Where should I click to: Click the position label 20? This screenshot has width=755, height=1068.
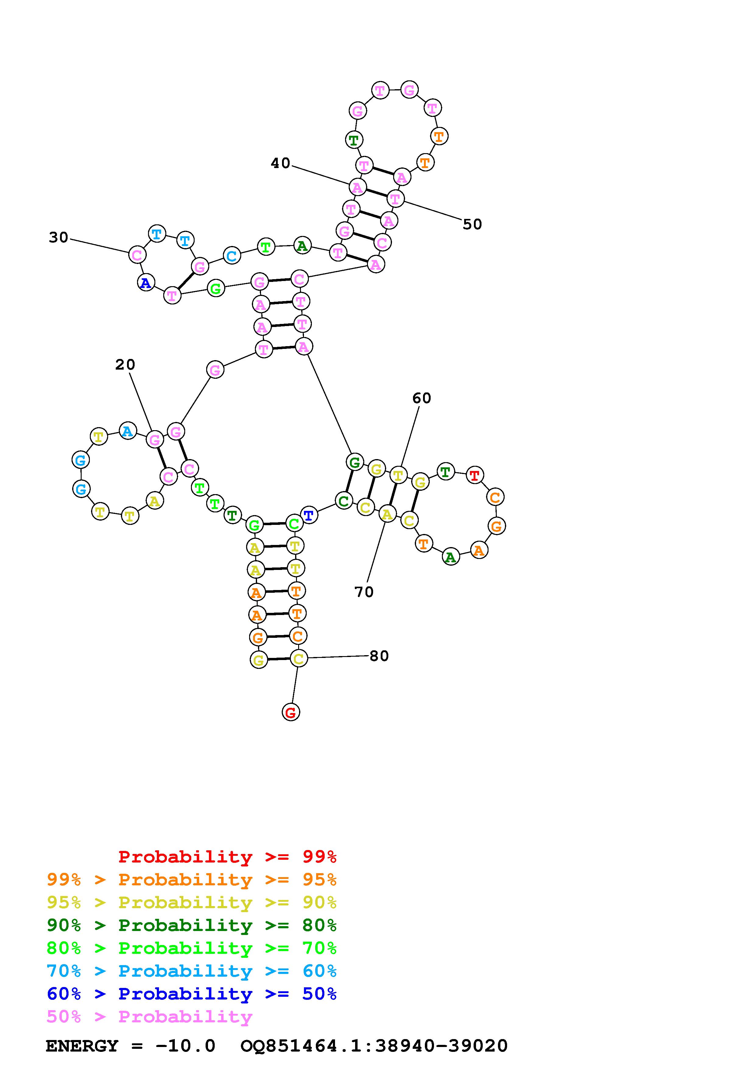tap(125, 365)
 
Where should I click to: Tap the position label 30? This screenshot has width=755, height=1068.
tap(58, 238)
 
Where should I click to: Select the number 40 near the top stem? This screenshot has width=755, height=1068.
tap(280, 163)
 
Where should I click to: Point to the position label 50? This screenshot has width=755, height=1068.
tap(472, 224)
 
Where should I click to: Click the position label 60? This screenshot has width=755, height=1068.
tap(422, 398)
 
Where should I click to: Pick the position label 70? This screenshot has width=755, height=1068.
tap(364, 592)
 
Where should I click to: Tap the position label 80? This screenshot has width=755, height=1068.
tap(379, 656)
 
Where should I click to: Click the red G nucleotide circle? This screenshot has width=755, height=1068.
tap(291, 712)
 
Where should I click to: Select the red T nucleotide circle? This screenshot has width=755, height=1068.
tap(475, 475)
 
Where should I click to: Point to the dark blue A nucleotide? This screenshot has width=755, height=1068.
tap(146, 282)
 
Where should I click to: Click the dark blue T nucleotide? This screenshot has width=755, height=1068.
tap(309, 515)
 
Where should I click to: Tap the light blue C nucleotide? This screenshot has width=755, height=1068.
tap(232, 255)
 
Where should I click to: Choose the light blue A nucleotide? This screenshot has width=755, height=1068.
tap(128, 431)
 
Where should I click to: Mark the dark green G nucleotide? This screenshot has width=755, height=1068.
tap(355, 462)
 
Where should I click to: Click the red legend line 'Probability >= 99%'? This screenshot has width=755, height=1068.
tap(227, 856)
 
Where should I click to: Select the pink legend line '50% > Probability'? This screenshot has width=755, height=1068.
tap(149, 1016)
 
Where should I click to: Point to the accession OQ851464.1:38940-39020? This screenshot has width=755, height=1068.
tap(374, 1046)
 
